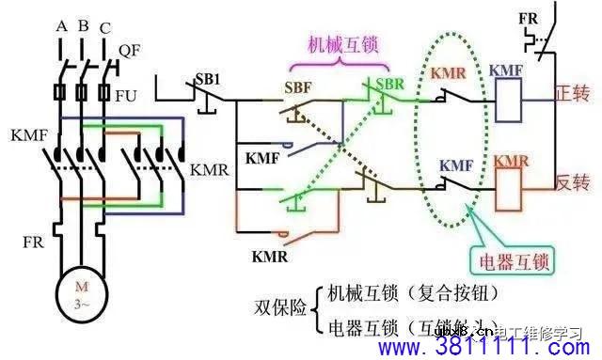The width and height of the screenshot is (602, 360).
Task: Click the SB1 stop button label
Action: (209, 74)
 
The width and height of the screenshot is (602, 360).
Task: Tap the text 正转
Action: (571, 95)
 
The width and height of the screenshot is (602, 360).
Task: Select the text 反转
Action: (571, 182)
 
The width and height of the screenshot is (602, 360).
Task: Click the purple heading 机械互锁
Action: (337, 44)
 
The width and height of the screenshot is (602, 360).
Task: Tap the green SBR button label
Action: (388, 85)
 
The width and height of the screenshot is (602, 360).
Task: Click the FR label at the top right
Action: (531, 18)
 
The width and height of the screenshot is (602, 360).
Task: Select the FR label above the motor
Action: (33, 243)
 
